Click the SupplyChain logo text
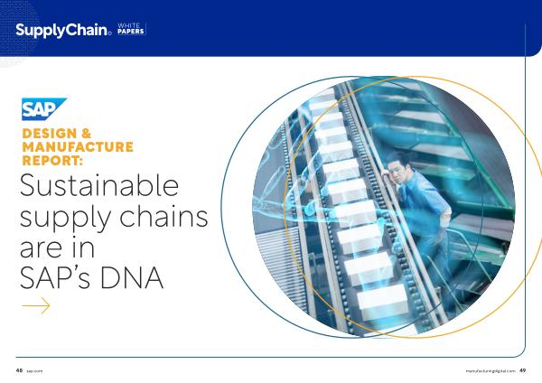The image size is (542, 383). coord(63,31)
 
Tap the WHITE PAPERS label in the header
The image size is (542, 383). coord(131,29)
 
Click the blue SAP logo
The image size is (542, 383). coord(44,109)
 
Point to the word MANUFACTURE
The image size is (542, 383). coord(78,147)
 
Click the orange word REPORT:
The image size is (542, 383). coord(52,161)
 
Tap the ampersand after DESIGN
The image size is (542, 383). coord(87,134)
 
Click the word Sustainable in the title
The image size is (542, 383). coord(99,185)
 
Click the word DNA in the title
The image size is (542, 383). coord(132,277)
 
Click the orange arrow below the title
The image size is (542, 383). coord(36,305)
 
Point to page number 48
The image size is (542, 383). coord(19,370)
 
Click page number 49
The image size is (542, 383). coord(523,370)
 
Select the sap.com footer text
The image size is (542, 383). coord(34,371)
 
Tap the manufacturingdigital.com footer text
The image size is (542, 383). coord(491,371)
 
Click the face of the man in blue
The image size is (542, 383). coord(397,170)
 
